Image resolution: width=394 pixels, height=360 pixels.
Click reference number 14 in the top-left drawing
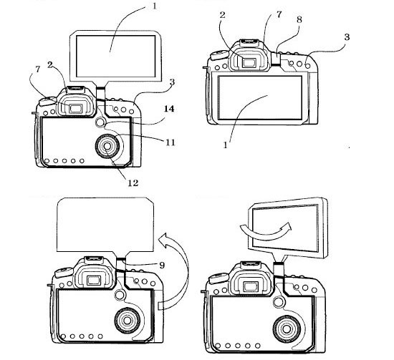coord(169,109)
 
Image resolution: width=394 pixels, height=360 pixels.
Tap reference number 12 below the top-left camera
coord(133,183)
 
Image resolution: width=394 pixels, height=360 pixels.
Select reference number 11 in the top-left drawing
coord(170,142)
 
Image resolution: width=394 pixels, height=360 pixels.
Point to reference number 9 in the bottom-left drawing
coord(162,265)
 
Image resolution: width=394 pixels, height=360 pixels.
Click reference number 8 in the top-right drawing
coord(299,19)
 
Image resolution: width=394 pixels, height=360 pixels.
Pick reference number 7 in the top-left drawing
coord(38,69)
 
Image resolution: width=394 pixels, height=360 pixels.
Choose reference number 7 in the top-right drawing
coord(279,14)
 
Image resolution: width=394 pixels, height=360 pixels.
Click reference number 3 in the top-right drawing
coord(347,37)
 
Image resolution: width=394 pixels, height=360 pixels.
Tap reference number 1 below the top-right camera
coord(226,145)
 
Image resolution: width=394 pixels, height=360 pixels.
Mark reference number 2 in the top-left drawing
coord(50,64)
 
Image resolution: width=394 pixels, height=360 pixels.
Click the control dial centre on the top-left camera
coord(107,146)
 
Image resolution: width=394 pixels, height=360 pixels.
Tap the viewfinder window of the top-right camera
coord(249,62)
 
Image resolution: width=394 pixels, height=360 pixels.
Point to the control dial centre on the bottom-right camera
coord(287,329)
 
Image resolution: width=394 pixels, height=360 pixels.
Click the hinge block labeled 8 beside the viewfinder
coord(276,58)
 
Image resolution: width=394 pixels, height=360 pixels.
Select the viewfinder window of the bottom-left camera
coord(94,281)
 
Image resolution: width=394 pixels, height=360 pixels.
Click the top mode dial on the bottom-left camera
coord(64,272)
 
